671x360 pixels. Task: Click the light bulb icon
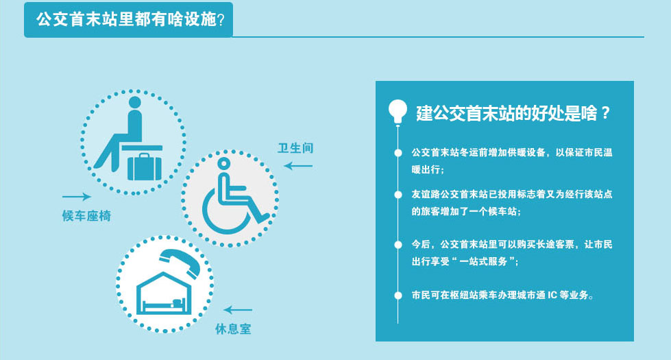398,112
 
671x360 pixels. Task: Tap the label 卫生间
295,148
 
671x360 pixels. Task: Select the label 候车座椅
86,216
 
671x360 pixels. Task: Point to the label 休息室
233,328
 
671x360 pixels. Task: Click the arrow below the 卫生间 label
298,166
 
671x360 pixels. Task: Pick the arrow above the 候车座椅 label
77,197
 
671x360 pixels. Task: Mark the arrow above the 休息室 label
238,310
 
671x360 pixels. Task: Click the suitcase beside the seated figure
145,167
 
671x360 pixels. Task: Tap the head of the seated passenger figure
134,102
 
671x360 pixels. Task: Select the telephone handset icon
180,263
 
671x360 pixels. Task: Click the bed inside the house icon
164,305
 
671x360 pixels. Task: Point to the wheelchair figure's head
224,163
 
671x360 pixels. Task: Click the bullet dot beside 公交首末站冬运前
398,153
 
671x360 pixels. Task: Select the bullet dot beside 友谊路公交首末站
398,195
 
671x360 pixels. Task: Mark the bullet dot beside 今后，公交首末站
398,245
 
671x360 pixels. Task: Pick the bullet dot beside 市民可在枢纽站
398,296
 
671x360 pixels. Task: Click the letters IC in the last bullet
552,296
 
